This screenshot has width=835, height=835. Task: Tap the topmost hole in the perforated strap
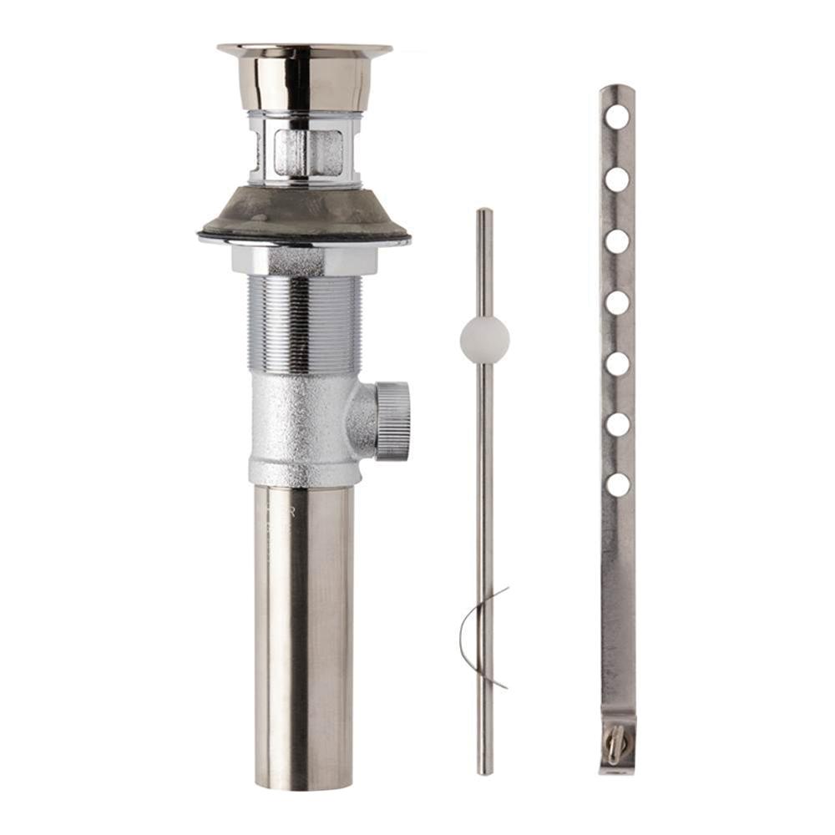click(617, 117)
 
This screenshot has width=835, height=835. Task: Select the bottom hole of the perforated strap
click(617, 484)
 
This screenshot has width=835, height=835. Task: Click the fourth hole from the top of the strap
click(617, 302)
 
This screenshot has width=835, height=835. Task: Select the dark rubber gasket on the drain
click(304, 215)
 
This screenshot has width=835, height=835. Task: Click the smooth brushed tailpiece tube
click(304, 635)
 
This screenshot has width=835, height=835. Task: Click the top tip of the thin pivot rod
click(484, 214)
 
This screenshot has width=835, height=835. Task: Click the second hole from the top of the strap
click(617, 179)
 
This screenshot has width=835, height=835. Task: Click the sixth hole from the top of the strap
click(617, 424)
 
